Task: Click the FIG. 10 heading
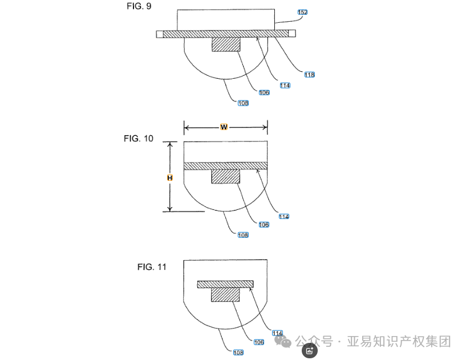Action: coord(139,139)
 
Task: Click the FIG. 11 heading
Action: coord(152,266)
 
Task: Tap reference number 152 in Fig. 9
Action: coord(303,12)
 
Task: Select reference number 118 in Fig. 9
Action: coord(310,75)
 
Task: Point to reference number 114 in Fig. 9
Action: coord(285,86)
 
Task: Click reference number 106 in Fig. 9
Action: coord(264,92)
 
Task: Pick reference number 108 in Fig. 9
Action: coord(243,103)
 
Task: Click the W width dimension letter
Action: coord(224,127)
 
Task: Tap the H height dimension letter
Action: coord(169,178)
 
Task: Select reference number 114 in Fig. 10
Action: coord(284,216)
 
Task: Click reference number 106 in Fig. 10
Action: coord(264,224)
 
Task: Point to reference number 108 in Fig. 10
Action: coord(243,234)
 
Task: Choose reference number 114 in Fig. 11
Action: coord(278,333)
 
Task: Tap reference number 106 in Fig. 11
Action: coord(259,342)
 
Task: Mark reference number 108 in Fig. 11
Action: coord(238,353)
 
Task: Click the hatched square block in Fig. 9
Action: coord(226,45)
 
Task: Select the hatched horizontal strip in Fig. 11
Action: coord(225,284)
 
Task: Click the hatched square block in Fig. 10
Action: coord(226,176)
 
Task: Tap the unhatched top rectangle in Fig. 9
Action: coord(226,20)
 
